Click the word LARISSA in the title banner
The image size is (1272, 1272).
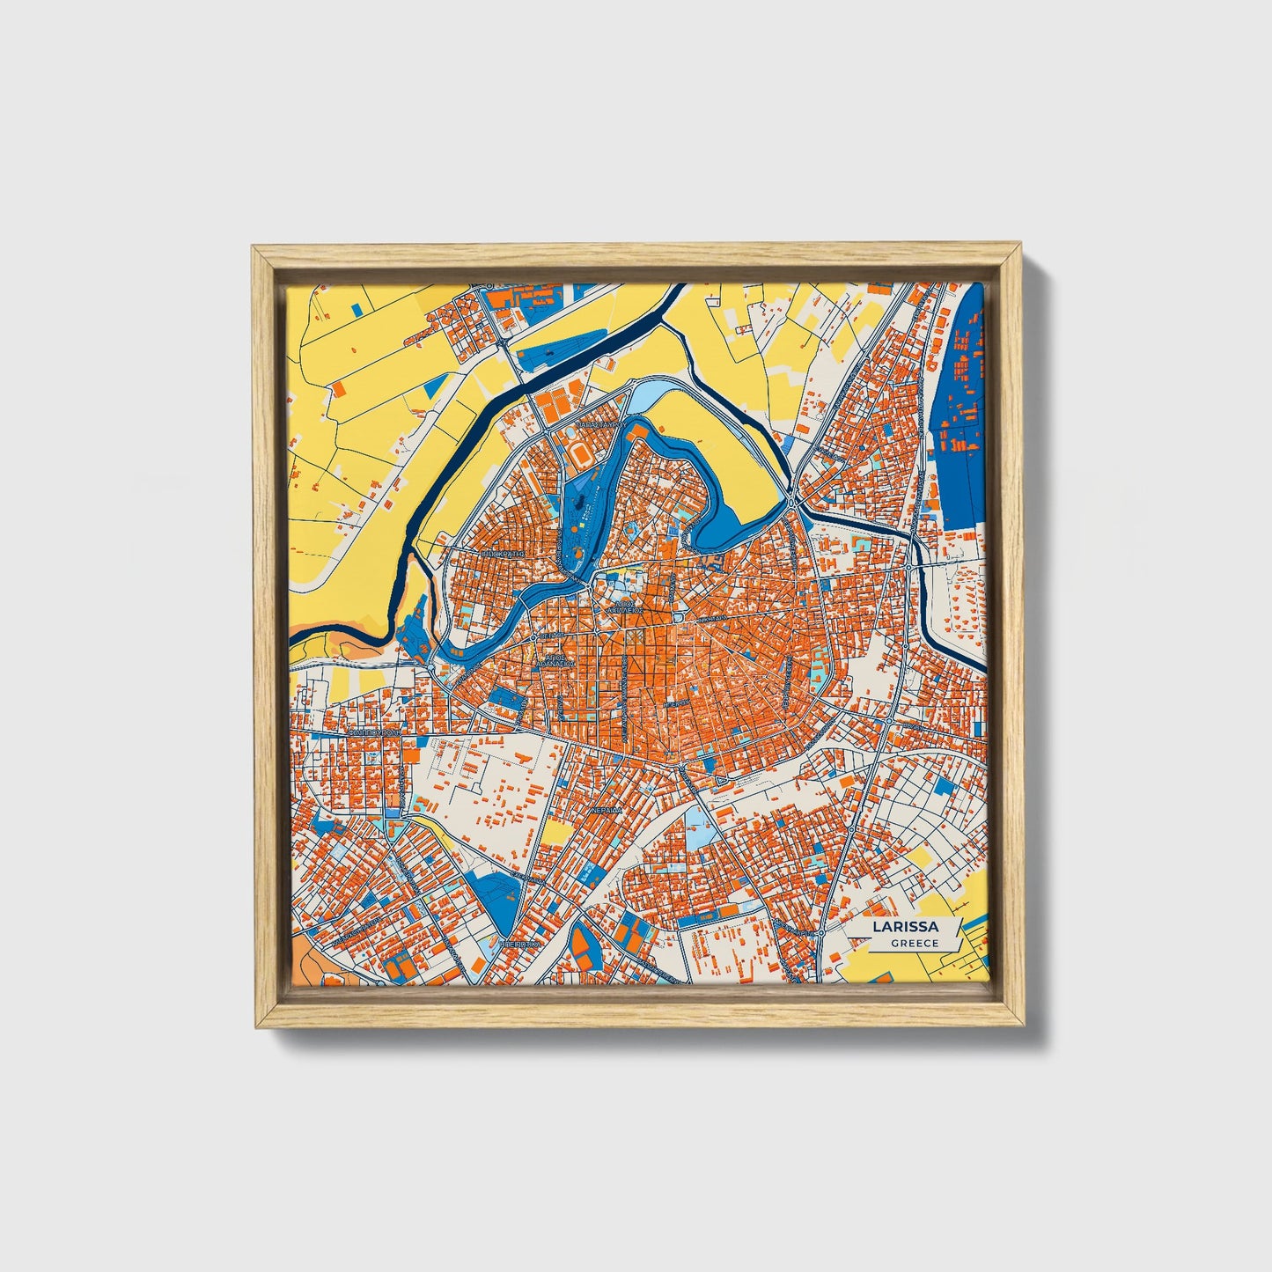(x=905, y=927)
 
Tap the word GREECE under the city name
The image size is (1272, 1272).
(x=915, y=943)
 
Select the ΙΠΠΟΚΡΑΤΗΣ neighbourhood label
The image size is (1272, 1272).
(x=504, y=555)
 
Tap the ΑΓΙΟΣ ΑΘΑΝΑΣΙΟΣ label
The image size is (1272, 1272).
(x=556, y=661)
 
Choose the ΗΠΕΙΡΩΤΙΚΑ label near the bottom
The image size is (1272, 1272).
(x=519, y=942)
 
